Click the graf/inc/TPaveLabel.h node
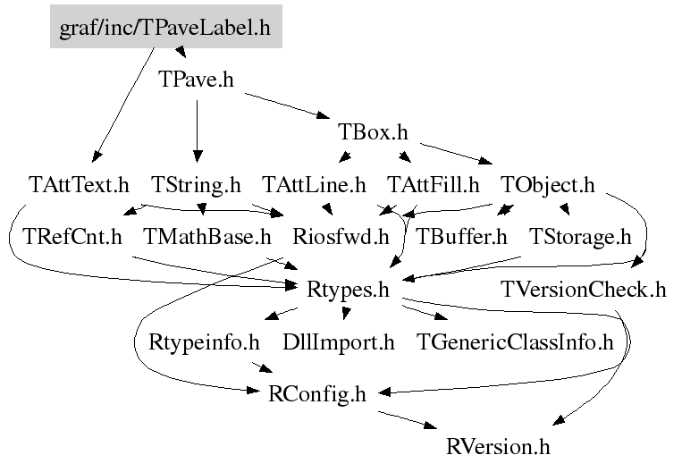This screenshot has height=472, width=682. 165,28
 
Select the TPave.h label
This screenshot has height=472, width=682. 196,80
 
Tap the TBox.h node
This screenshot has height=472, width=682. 373,132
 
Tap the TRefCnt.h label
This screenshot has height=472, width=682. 73,237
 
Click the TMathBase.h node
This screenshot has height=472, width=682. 207,237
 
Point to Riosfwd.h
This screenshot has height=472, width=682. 341,237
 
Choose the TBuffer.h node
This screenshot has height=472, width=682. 462,237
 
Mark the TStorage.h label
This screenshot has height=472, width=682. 580,237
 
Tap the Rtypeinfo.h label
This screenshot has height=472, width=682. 204,341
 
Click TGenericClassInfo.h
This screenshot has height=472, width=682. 516,341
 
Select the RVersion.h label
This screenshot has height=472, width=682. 498,444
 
